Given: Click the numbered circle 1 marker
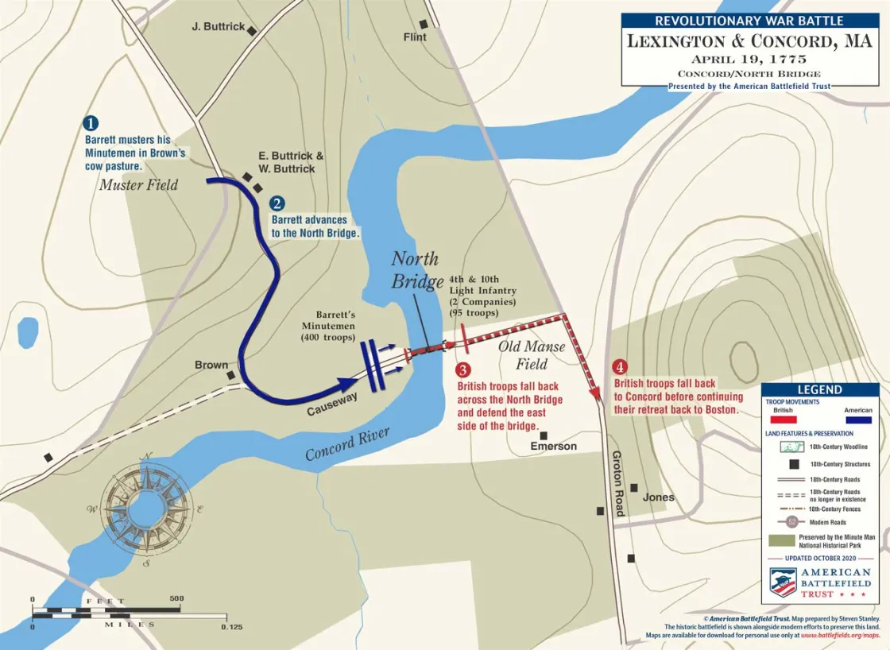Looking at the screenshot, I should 91,123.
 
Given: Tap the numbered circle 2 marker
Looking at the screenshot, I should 277,203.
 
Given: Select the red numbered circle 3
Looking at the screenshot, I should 462,369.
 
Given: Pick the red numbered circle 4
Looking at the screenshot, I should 621,367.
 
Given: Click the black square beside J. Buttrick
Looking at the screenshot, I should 252,31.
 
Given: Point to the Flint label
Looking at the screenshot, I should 415,37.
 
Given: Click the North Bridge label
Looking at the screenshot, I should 417,270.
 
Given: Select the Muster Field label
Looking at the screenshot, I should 138,185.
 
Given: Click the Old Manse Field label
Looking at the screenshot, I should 532,355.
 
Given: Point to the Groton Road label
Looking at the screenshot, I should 619,483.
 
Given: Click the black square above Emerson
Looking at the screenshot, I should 544,434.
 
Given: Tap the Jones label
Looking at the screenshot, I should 658,497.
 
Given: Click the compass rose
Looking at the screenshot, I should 146,509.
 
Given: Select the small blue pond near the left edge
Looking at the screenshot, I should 28,332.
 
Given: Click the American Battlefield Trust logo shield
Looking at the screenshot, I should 783,581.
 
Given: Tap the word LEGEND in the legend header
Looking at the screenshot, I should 819,390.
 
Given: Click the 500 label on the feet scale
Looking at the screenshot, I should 176,598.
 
